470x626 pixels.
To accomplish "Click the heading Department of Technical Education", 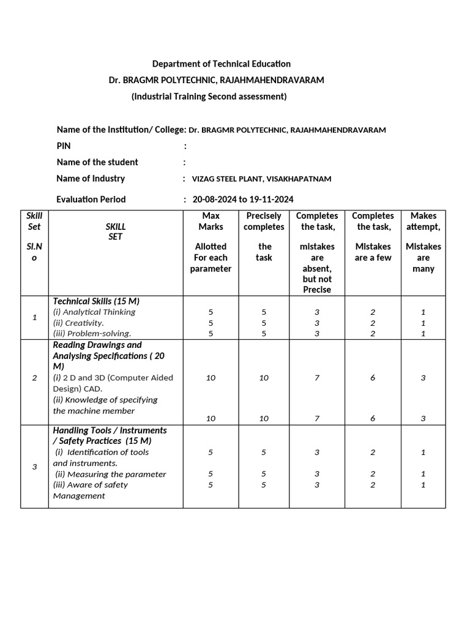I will (x=221, y=64).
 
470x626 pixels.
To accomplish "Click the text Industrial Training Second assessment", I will (x=209, y=97).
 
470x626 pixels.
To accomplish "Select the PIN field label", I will (x=64, y=146).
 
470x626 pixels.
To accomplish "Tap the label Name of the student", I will (x=97, y=162).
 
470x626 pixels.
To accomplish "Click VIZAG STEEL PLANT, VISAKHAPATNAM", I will (x=261, y=179).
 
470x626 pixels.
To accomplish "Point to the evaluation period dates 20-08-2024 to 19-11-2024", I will (x=243, y=199).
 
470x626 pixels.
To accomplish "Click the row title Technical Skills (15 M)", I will (x=96, y=301).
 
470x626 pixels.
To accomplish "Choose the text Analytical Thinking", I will (x=94, y=312).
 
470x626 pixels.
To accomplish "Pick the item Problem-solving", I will (x=92, y=334).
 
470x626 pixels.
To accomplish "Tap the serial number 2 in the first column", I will (x=34, y=378).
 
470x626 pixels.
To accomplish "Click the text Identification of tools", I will (x=102, y=452).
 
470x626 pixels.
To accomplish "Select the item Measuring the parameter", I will (x=110, y=474).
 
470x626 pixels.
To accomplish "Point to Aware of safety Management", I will (x=91, y=490).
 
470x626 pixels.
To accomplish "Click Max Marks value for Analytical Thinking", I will (x=211, y=312).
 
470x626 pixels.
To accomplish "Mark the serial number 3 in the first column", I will (x=34, y=467).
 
